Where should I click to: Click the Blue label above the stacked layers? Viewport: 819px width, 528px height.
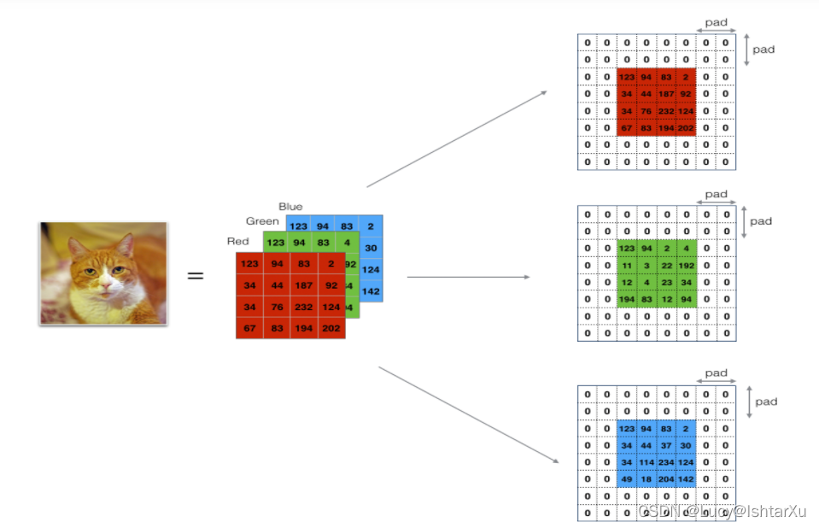tap(290, 206)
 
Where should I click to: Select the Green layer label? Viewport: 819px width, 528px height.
tap(262, 221)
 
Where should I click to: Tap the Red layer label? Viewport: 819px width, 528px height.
tap(237, 241)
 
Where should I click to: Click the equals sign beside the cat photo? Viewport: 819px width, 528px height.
tap(196, 275)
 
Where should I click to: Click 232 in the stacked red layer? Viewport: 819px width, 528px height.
tap(303, 307)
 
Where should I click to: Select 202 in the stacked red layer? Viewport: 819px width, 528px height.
tap(331, 328)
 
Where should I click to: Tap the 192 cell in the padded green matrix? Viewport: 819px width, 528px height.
tap(686, 265)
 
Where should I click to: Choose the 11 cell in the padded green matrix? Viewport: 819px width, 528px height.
tap(627, 265)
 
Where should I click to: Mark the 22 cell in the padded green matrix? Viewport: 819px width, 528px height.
tap(666, 265)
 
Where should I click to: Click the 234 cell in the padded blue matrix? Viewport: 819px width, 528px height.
tap(666, 462)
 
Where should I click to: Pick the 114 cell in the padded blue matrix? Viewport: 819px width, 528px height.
tap(646, 462)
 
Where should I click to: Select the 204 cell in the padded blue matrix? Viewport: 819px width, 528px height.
tap(666, 478)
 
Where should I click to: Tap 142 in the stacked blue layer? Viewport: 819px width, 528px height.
tap(371, 291)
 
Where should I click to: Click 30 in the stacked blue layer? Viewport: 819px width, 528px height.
tap(371, 248)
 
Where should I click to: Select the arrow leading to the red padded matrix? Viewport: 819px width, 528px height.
tap(458, 138)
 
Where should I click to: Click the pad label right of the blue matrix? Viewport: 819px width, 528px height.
tap(766, 402)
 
